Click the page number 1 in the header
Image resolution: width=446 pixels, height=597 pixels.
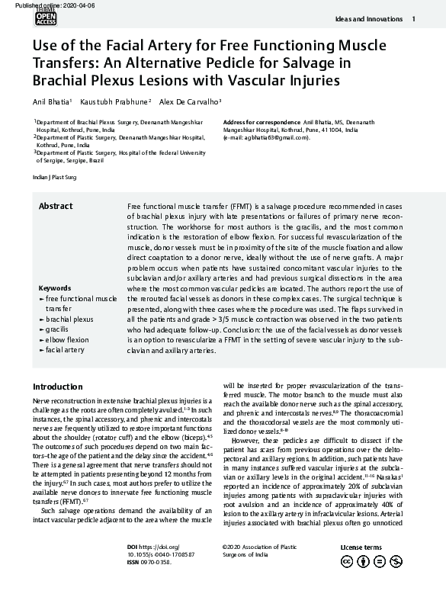(x=413, y=18)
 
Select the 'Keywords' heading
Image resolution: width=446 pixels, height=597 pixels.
(x=55, y=288)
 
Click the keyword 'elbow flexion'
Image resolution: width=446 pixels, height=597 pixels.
(x=67, y=339)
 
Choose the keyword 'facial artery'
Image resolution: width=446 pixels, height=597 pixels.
(x=65, y=349)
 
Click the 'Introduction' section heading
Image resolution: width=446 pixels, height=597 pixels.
(x=58, y=387)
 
